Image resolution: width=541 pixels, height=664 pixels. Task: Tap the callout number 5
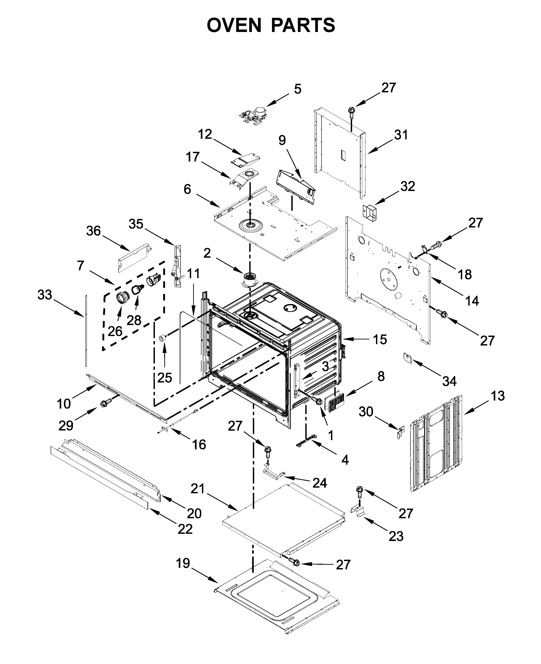[298, 89]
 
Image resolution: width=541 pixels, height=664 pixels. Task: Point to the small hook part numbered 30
[400, 432]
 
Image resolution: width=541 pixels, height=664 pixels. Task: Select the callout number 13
[498, 396]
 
